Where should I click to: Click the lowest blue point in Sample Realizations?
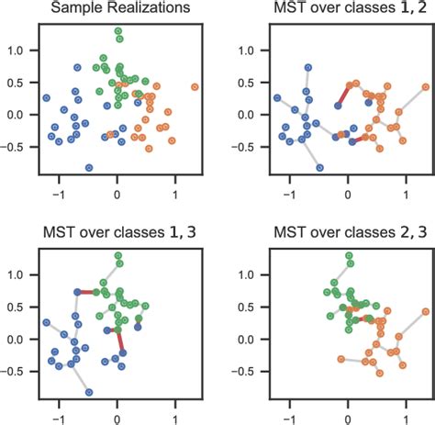pyautogui.click(x=89, y=168)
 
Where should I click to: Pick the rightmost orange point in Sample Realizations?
pyautogui.click(x=195, y=87)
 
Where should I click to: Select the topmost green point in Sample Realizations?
pyautogui.click(x=117, y=31)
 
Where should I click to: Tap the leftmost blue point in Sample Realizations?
pyautogui.click(x=46, y=97)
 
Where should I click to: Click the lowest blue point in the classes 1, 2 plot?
pyautogui.click(x=320, y=168)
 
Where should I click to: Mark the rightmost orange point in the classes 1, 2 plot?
pyautogui.click(x=426, y=87)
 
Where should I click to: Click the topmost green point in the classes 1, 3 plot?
pyautogui.click(x=117, y=255)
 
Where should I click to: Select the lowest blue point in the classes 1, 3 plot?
pyautogui.click(x=89, y=392)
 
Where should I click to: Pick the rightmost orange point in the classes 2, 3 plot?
pyautogui.click(x=426, y=311)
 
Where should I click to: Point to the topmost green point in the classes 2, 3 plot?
pyautogui.click(x=349, y=255)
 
